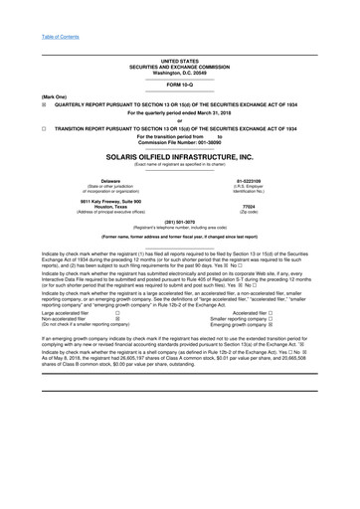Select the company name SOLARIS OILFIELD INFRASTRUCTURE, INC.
click(x=179, y=157)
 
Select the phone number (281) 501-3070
click(x=179, y=222)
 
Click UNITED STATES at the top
click(x=179, y=61)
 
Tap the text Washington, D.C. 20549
click(x=179, y=73)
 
